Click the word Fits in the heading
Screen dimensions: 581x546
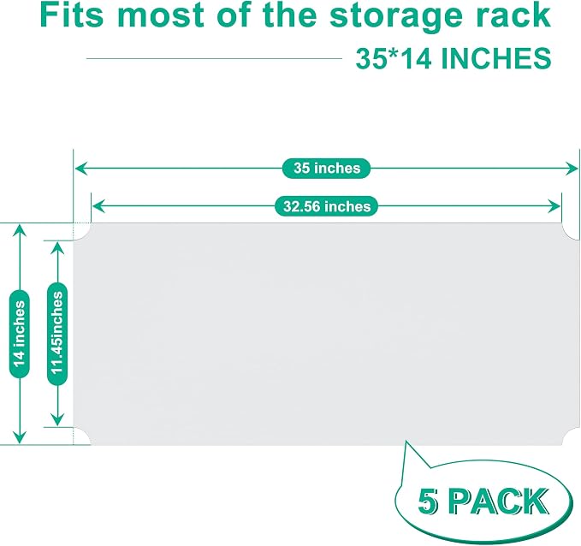point(71,15)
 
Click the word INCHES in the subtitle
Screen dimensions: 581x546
point(495,58)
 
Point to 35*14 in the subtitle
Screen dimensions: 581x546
point(394,58)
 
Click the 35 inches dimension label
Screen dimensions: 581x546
point(327,169)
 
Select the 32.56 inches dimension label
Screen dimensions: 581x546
point(327,206)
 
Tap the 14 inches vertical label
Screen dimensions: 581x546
point(20,334)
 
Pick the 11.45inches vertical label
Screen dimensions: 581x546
point(57,334)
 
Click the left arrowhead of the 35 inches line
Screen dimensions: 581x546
point(80,169)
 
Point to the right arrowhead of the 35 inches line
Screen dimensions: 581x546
point(571,169)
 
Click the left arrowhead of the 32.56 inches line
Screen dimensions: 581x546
point(98,206)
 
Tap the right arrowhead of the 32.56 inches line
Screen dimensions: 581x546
point(554,206)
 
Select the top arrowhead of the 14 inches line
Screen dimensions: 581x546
point(20,231)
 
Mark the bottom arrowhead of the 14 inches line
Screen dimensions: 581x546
point(20,437)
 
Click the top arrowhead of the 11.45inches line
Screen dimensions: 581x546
point(57,248)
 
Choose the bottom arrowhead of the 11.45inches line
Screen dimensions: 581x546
point(57,419)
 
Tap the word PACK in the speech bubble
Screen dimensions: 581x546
point(500,501)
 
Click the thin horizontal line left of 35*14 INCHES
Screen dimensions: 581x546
point(214,58)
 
